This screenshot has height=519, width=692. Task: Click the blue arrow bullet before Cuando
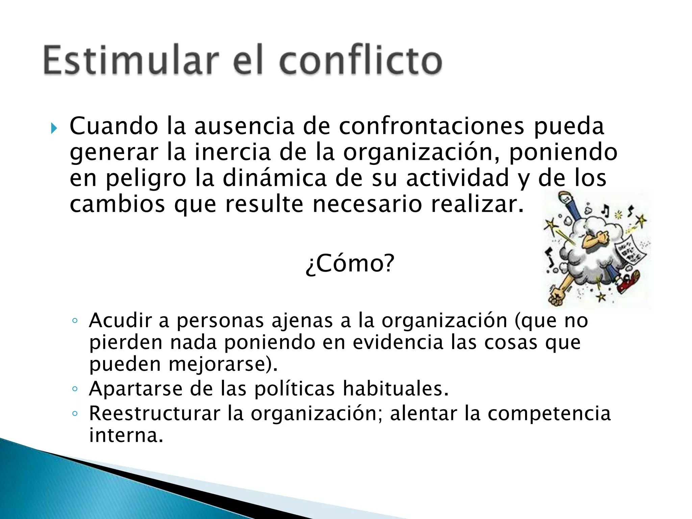(54, 128)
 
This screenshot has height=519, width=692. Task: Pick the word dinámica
(274, 178)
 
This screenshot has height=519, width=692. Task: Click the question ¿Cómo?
(350, 264)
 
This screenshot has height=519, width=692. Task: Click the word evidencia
(398, 342)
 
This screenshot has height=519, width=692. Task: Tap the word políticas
(294, 389)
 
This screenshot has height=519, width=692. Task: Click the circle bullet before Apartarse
(75, 389)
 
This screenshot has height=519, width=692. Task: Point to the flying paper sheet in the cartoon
(630, 250)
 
